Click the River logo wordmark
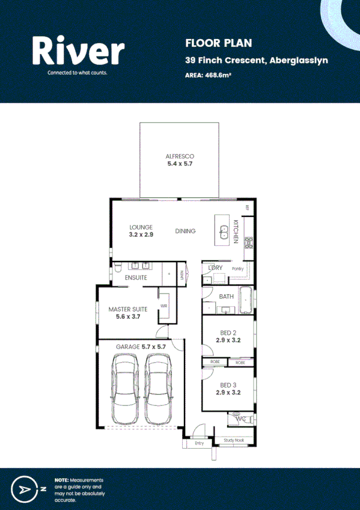click(78, 51)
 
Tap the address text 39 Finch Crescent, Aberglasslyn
click(256, 61)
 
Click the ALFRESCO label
click(180, 156)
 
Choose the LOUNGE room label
click(141, 227)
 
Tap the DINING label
click(186, 231)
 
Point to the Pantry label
click(238, 268)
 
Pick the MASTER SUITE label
click(127, 309)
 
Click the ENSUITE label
click(136, 278)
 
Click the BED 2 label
click(228, 333)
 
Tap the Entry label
click(200, 443)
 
